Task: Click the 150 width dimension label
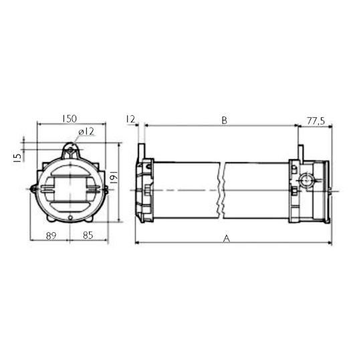click(x=69, y=118)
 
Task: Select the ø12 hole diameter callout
click(x=85, y=132)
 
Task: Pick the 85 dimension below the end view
click(x=88, y=235)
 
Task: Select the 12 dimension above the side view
click(x=131, y=119)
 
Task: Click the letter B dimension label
click(x=225, y=120)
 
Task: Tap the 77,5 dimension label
click(x=315, y=120)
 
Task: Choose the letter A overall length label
click(x=227, y=238)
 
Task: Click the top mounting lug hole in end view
click(x=70, y=151)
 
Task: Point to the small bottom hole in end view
click(x=69, y=218)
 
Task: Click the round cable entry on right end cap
click(x=306, y=181)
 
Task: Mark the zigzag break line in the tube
click(x=220, y=190)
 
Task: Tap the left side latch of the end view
click(x=33, y=190)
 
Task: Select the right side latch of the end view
click(x=105, y=190)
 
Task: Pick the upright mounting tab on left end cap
click(x=142, y=153)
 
